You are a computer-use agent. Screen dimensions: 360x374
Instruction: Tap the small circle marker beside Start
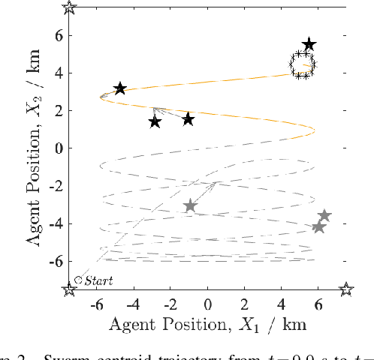[78, 279]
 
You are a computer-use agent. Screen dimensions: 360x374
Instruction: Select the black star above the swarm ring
[309, 45]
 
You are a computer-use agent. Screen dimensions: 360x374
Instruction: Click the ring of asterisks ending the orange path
[302, 64]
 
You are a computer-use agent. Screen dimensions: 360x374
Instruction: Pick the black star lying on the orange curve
[120, 88]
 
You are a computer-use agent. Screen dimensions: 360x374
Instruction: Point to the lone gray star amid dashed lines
[190, 205]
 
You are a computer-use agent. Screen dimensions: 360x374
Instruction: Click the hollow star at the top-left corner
[69, 8]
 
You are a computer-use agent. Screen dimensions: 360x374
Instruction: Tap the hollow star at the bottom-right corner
[345, 289]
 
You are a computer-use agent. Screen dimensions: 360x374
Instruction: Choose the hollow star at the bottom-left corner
[69, 289]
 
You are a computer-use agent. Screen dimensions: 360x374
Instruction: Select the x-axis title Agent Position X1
[207, 325]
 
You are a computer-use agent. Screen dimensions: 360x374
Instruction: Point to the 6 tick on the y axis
[57, 35]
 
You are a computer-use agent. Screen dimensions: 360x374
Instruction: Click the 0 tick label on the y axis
[57, 148]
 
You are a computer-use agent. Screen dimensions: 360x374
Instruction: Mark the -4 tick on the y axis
[54, 223]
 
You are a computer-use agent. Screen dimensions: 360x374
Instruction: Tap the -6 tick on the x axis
[95, 305]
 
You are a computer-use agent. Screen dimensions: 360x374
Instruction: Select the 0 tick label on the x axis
[207, 305]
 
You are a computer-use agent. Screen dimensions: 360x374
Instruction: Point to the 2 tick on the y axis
[57, 110]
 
